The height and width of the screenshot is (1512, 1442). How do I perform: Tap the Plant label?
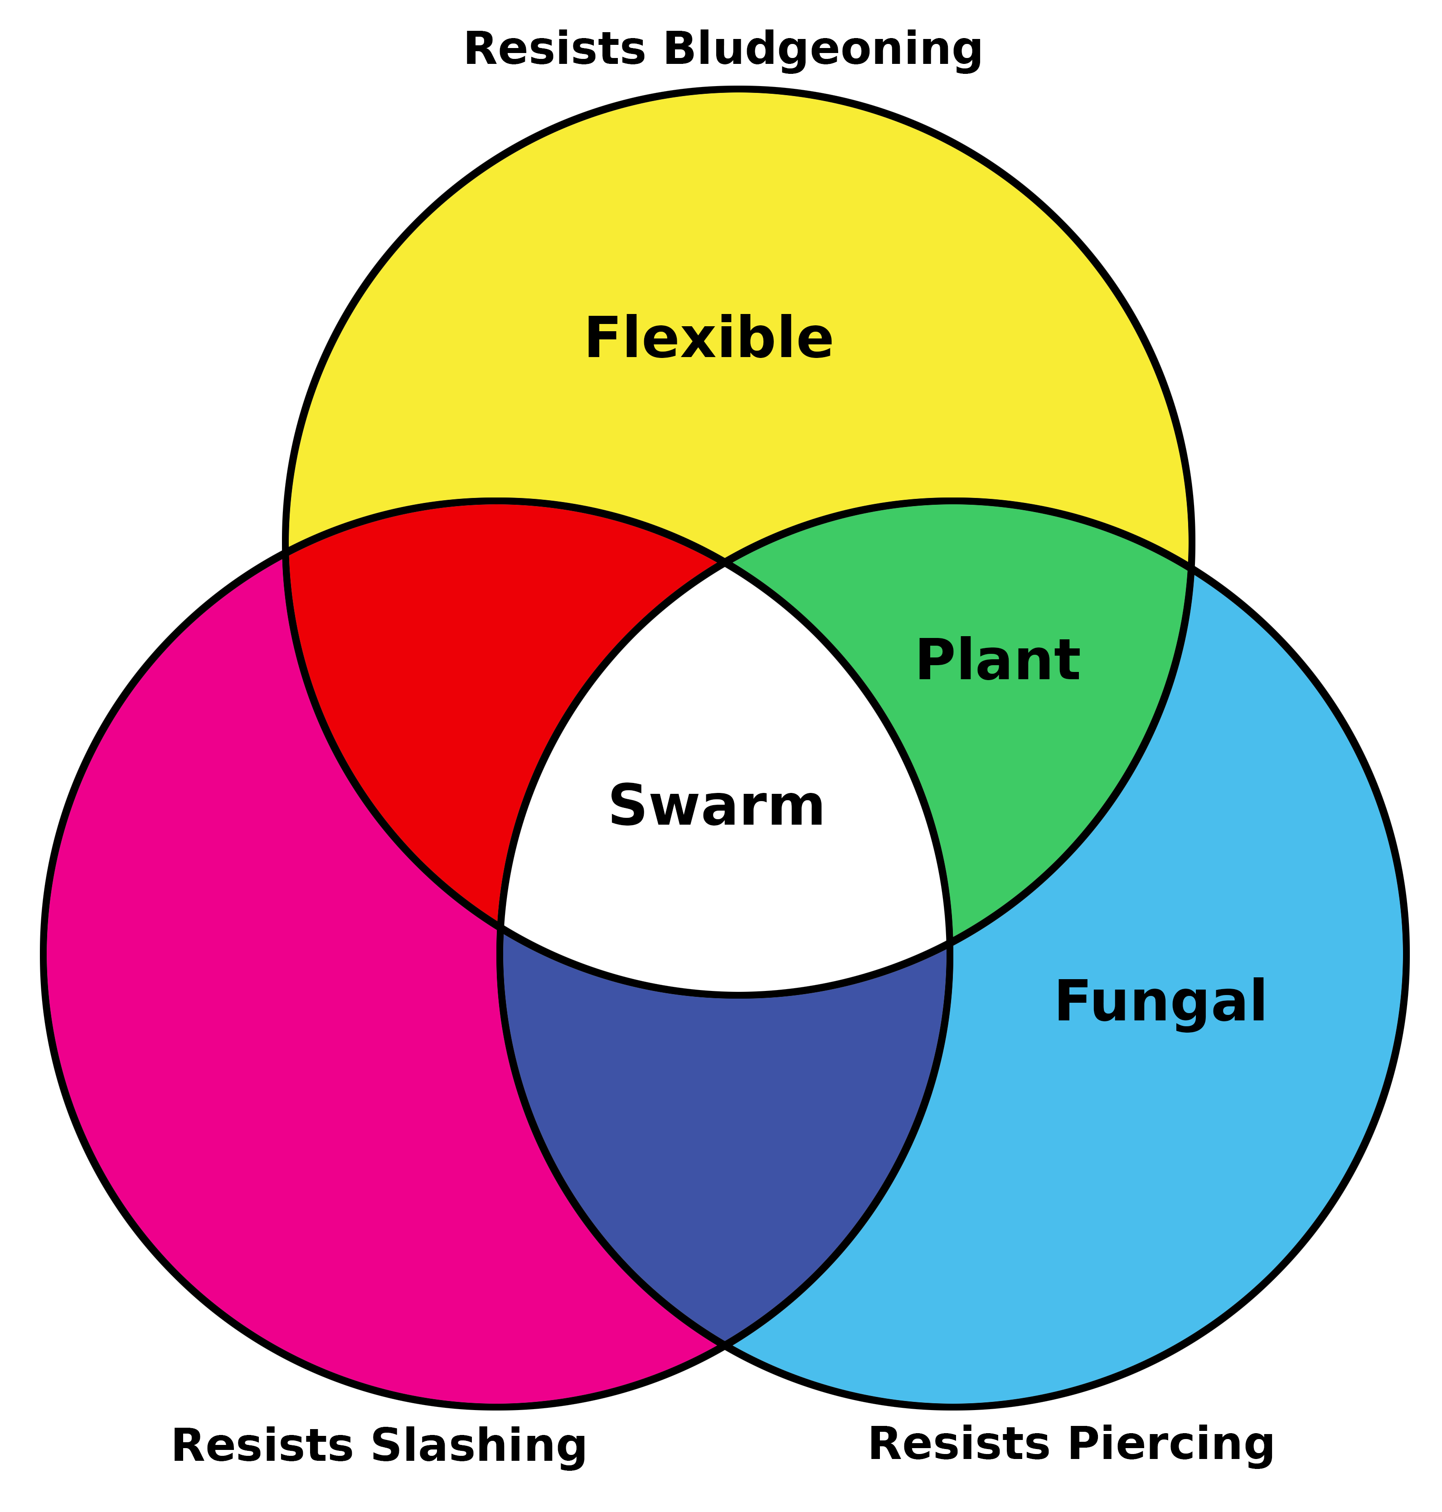click(x=998, y=661)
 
